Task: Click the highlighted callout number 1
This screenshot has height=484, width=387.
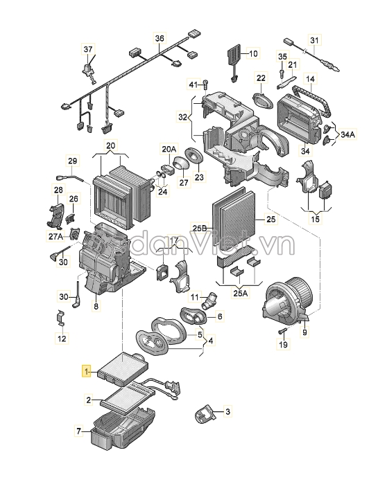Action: pyautogui.click(x=87, y=371)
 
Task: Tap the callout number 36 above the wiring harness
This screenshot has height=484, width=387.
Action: pyautogui.click(x=160, y=38)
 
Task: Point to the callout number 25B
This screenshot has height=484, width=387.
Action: pyautogui.click(x=200, y=227)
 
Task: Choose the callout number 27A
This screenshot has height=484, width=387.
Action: pyautogui.click(x=55, y=235)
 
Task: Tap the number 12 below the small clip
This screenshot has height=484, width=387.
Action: pyautogui.click(x=61, y=339)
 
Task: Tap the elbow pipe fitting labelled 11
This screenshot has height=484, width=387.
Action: pyautogui.click(x=208, y=302)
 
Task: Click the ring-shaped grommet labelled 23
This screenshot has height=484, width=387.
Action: pyautogui.click(x=194, y=160)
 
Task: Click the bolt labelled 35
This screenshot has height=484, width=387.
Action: pyautogui.click(x=282, y=71)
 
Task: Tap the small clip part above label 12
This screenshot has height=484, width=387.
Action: pyautogui.click(x=61, y=319)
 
